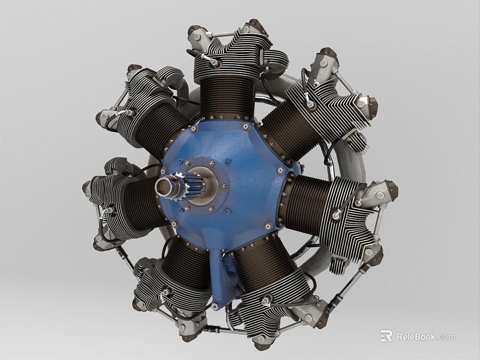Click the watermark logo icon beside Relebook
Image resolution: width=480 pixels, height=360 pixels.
(387, 336)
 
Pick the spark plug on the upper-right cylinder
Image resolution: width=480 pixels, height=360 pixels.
(309, 101)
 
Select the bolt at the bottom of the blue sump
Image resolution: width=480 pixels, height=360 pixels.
(216, 307)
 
